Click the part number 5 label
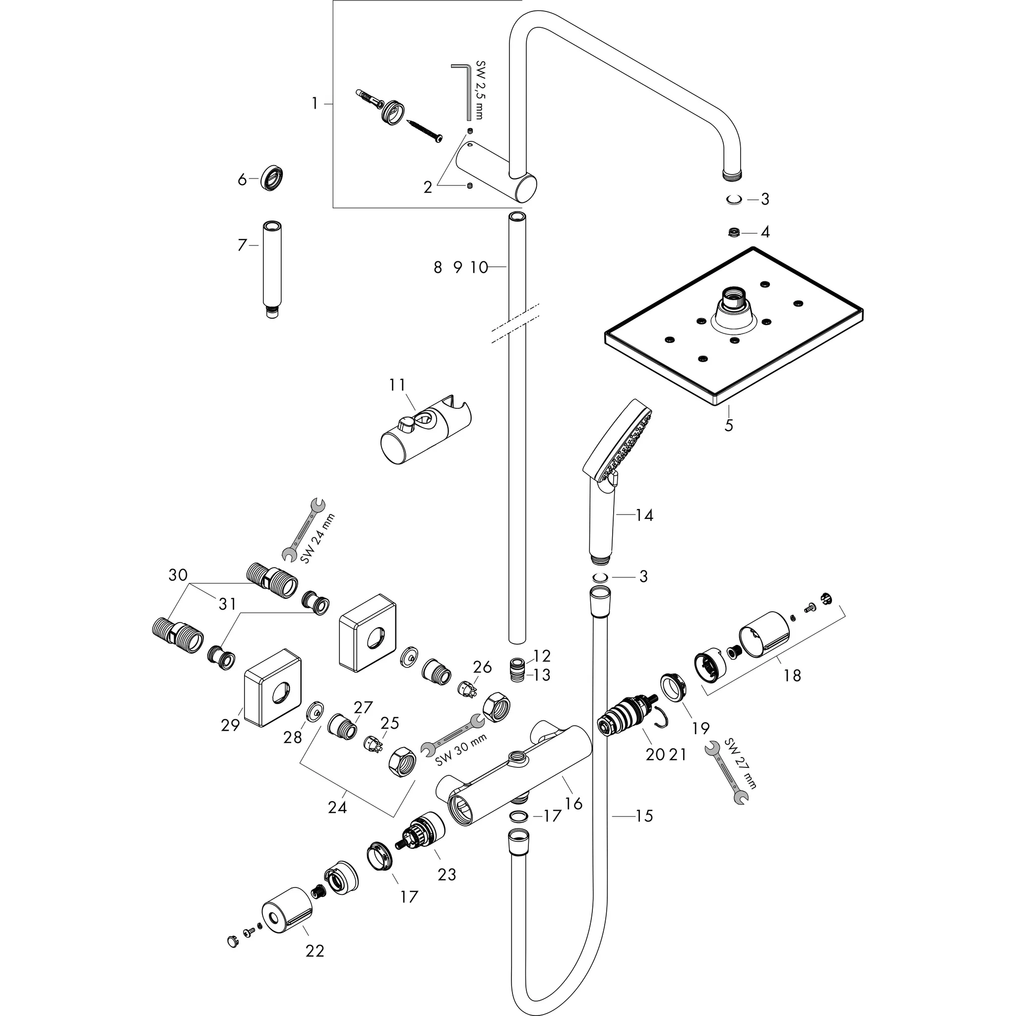pos(728,425)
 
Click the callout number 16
pos(574,803)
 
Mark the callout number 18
pos(792,676)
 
